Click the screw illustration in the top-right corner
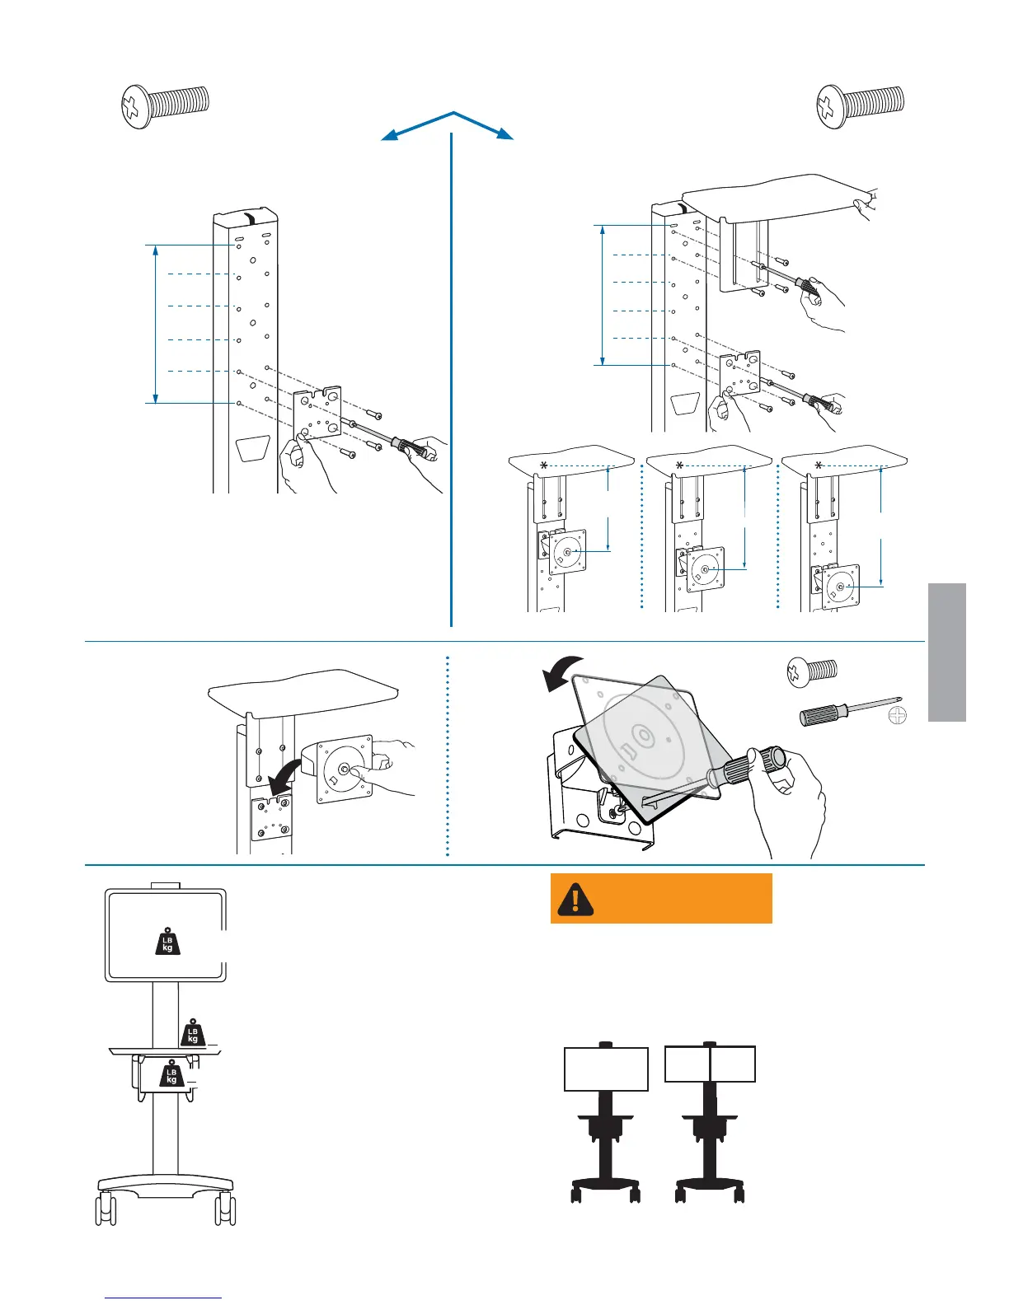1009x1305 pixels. point(860,107)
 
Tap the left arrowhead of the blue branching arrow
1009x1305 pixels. point(388,137)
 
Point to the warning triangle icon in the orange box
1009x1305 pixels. point(575,899)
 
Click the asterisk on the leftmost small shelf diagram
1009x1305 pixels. point(543,466)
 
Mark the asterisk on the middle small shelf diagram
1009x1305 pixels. point(679,466)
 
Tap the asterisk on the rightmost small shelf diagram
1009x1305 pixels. point(819,466)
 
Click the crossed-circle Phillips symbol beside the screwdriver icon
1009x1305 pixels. point(898,715)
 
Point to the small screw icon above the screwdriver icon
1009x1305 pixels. point(812,671)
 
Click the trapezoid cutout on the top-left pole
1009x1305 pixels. point(253,449)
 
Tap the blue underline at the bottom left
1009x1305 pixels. point(163,1298)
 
